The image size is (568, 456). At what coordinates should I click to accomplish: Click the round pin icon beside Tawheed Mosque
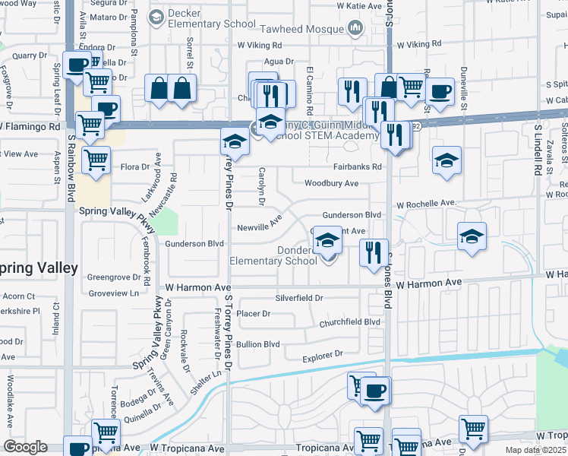[x=355, y=29]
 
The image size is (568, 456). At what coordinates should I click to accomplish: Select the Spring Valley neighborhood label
[x=38, y=268]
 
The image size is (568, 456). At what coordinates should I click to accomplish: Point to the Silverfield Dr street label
[x=299, y=299]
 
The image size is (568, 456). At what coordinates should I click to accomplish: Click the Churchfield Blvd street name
[x=349, y=321]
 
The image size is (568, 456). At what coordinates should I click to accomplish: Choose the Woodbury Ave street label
[x=331, y=183]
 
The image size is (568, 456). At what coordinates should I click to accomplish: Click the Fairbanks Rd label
[x=356, y=166]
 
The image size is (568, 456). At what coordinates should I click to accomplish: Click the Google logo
[x=26, y=446]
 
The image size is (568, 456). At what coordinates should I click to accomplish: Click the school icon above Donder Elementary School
[x=327, y=239]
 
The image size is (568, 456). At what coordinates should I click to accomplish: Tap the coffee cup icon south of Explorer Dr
[x=374, y=391]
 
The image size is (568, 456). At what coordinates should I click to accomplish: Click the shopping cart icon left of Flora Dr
[x=96, y=160]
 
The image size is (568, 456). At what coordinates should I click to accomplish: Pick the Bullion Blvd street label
[x=258, y=344]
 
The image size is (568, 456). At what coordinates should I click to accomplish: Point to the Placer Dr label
[x=254, y=313]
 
